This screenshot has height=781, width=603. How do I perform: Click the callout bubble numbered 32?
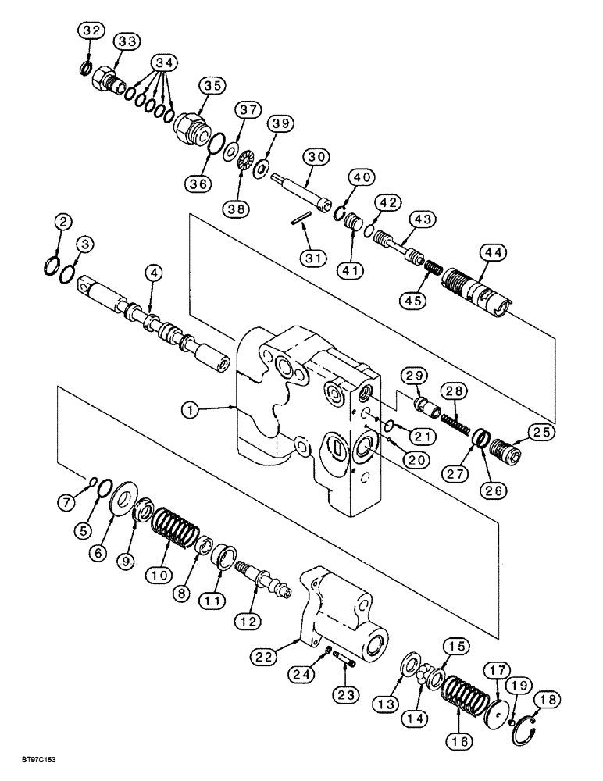tap(91, 30)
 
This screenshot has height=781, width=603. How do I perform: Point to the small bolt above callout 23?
tap(344, 662)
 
